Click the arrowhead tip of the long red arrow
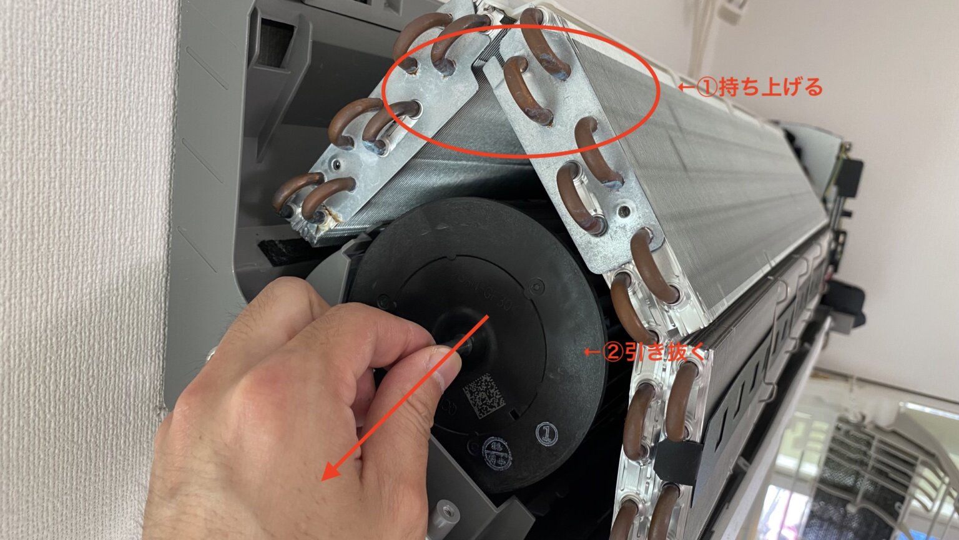(x=325, y=478)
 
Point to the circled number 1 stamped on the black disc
(x=547, y=432)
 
